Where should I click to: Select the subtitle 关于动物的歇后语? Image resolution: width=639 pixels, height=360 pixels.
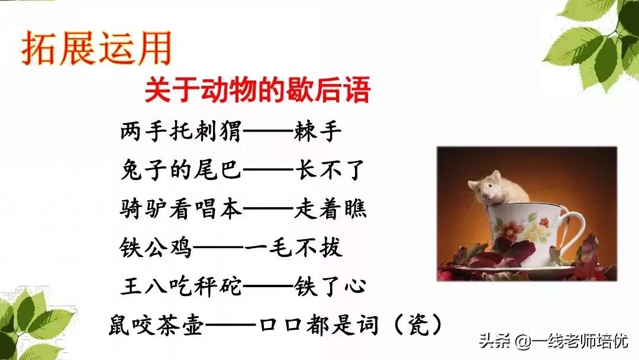click(x=257, y=92)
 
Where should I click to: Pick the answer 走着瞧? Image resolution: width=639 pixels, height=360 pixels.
click(x=330, y=209)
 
